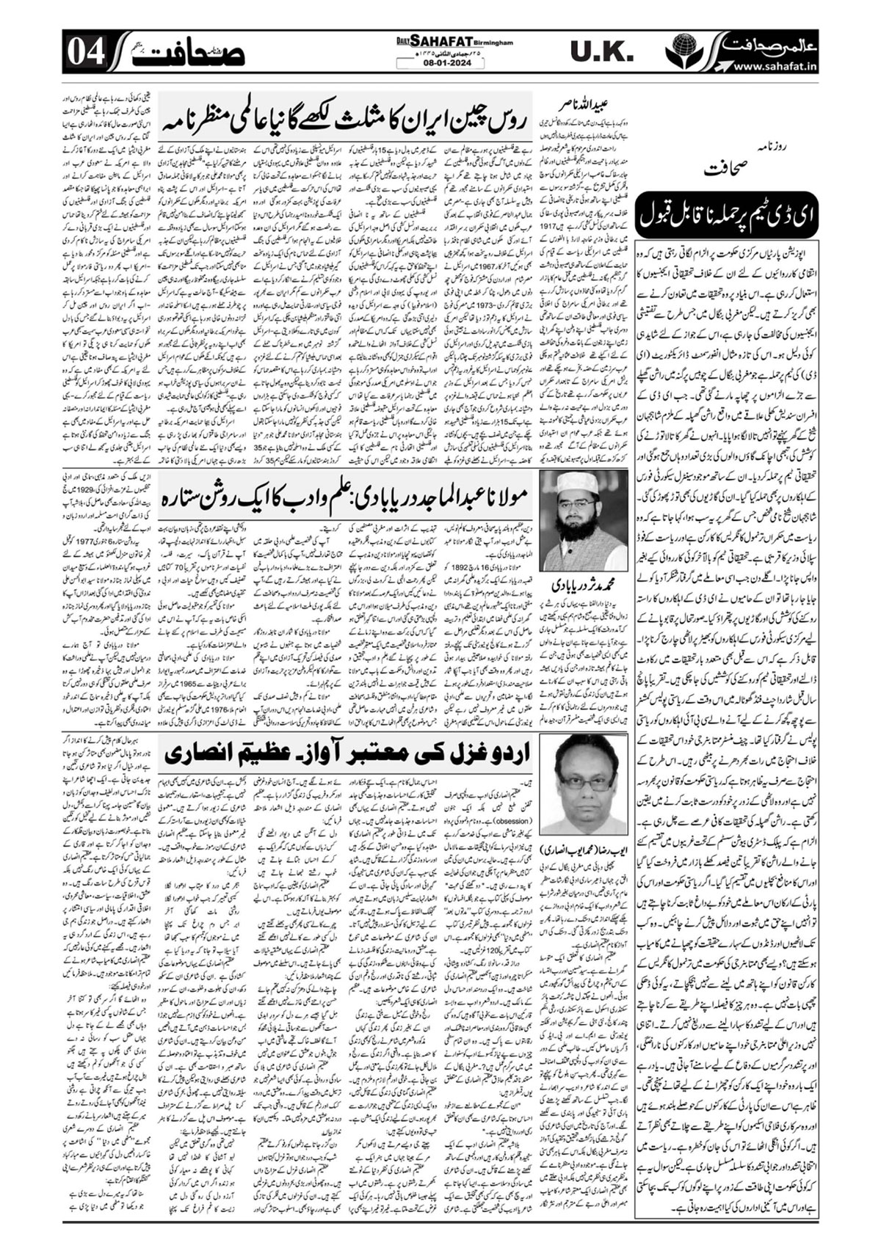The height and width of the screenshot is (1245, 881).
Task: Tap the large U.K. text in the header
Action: click(x=601, y=52)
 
